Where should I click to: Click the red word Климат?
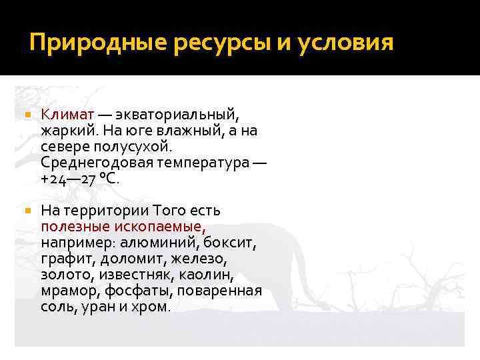pos(67,115)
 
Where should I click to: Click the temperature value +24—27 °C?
pos(81,178)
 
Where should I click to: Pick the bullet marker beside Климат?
pos(27,116)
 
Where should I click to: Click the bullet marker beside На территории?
pos(27,211)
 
